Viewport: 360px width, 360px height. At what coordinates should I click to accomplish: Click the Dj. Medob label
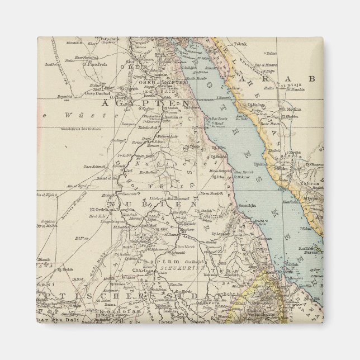66,269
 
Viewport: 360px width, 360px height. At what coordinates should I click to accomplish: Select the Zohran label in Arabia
311,183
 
